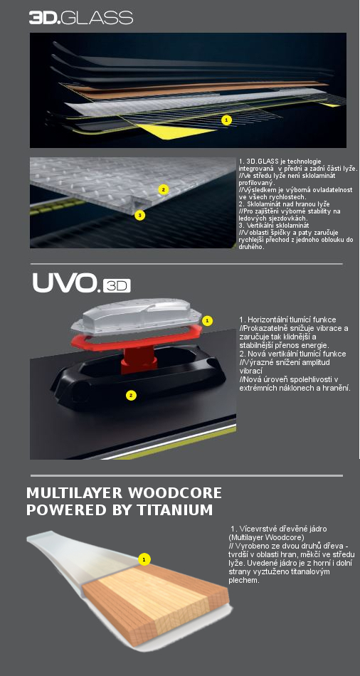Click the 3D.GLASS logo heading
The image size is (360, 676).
pos(81,17)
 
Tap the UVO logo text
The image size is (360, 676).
pos(65,284)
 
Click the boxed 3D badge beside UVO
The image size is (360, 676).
pos(116,286)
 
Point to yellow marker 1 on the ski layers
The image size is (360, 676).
pos(226,120)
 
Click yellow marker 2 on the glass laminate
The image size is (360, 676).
pos(162,189)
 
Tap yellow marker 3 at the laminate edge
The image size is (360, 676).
pos(139,215)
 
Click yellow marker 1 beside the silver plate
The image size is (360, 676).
pos(207,321)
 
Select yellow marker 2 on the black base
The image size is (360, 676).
pos(131,395)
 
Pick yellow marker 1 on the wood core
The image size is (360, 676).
pos(144,560)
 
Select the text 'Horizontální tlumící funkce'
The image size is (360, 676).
pos(287,319)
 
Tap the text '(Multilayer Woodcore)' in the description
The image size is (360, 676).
pos(266,538)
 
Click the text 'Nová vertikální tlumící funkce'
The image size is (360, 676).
pos(292,354)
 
